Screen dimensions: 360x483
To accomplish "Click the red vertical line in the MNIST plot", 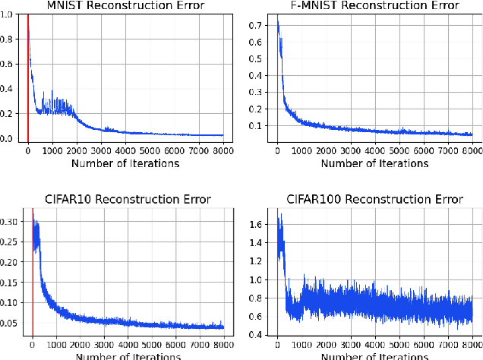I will (x=28, y=76).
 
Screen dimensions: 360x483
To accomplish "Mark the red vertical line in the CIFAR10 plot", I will (x=32, y=273).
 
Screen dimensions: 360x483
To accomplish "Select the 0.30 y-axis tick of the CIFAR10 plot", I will (x=11, y=222).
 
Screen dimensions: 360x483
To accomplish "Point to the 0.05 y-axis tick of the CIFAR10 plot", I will (x=11, y=323).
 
